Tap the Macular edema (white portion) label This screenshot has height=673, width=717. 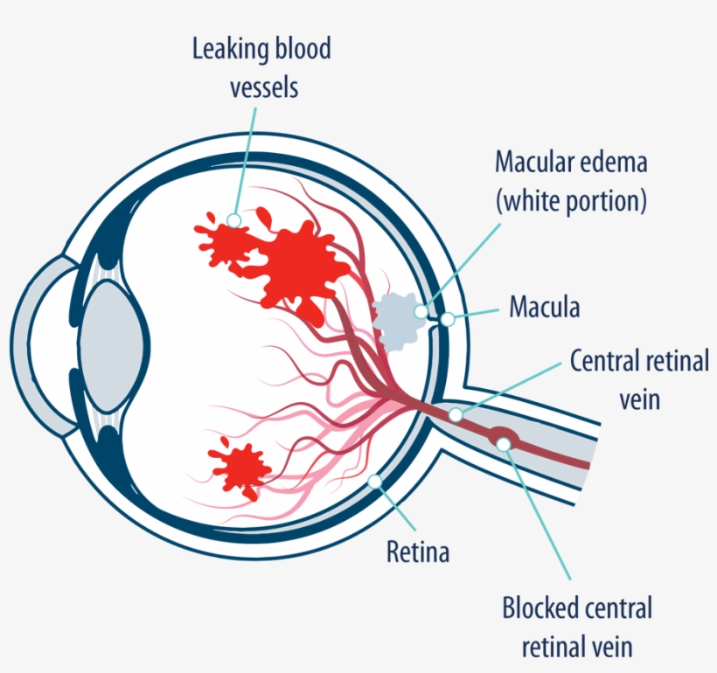coord(570,181)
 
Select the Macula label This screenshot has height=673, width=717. coord(544,308)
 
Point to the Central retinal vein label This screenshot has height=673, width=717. coord(639,379)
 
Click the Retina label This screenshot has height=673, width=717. coord(417,552)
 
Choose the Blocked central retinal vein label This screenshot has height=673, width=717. coord(576,627)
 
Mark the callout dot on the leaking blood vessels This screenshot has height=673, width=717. coord(233,220)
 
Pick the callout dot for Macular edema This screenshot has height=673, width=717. coord(422,311)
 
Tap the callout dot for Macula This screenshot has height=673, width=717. coord(448,320)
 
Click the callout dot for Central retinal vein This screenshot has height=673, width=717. coord(456,414)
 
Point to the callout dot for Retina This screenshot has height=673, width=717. coord(375,480)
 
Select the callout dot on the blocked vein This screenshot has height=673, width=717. coord(504,444)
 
